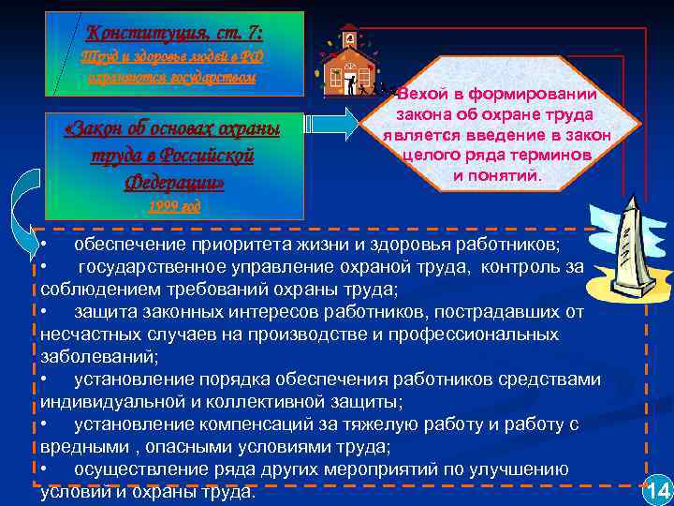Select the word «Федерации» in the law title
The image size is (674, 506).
point(175,180)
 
